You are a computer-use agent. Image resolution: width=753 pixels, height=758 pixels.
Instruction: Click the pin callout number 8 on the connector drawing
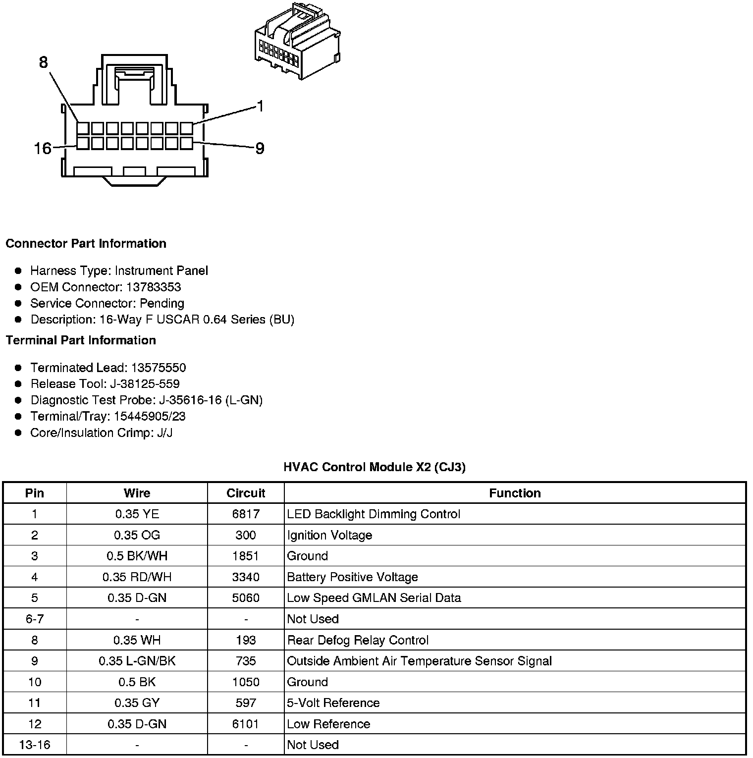pyautogui.click(x=44, y=62)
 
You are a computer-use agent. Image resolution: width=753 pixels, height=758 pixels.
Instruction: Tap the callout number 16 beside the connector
pyautogui.click(x=43, y=148)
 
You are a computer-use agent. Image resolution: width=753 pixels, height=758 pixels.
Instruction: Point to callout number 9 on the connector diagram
pyautogui.click(x=260, y=148)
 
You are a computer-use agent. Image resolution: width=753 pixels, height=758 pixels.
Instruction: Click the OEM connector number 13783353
pyautogui.click(x=154, y=287)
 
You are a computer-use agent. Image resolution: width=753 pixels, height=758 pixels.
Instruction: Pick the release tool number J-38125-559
pyautogui.click(x=155, y=384)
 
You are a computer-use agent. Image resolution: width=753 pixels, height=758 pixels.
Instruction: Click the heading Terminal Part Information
pyautogui.click(x=81, y=340)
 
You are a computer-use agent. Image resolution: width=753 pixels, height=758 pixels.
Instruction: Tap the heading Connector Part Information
pyautogui.click(x=86, y=244)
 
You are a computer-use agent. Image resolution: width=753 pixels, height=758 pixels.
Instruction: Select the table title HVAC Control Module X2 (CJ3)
pyautogui.click(x=375, y=467)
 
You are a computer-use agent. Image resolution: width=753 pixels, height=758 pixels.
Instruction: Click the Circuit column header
pyautogui.click(x=246, y=493)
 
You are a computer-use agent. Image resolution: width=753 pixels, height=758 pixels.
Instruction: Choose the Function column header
pyautogui.click(x=515, y=493)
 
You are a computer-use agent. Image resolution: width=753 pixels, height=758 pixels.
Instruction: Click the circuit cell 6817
pyautogui.click(x=246, y=514)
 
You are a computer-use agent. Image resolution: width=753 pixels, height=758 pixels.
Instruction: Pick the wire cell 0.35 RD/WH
pyautogui.click(x=137, y=577)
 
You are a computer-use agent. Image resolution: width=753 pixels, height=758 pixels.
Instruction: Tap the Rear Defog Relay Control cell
pyautogui.click(x=358, y=640)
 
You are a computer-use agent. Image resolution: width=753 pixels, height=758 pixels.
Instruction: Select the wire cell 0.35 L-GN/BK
pyautogui.click(x=137, y=661)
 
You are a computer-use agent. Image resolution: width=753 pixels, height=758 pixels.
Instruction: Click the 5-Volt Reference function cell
pyautogui.click(x=333, y=703)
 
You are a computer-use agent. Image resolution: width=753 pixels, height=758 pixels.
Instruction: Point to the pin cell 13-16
pyautogui.click(x=35, y=745)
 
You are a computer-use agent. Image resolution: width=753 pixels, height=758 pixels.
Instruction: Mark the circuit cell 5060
pyautogui.click(x=246, y=598)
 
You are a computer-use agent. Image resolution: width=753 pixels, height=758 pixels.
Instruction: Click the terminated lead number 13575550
pyautogui.click(x=159, y=368)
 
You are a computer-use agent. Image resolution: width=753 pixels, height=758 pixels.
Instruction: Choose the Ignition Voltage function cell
pyautogui.click(x=329, y=535)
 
